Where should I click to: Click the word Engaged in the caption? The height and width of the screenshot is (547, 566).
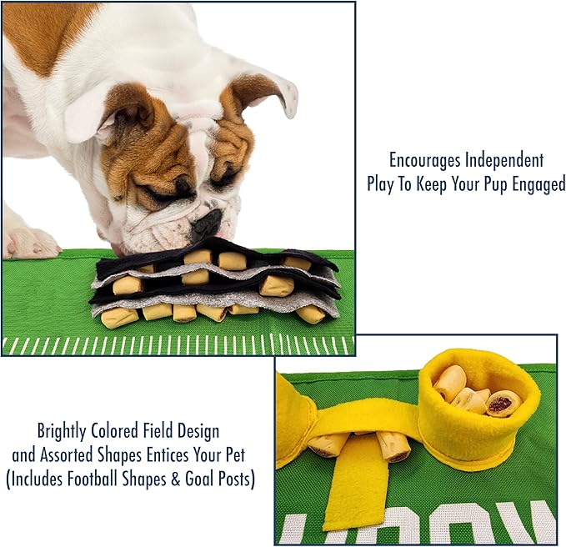538,184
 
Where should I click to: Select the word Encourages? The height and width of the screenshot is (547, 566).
425,159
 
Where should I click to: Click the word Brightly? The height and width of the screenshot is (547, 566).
66,432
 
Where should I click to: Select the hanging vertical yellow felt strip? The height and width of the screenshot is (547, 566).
353,480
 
